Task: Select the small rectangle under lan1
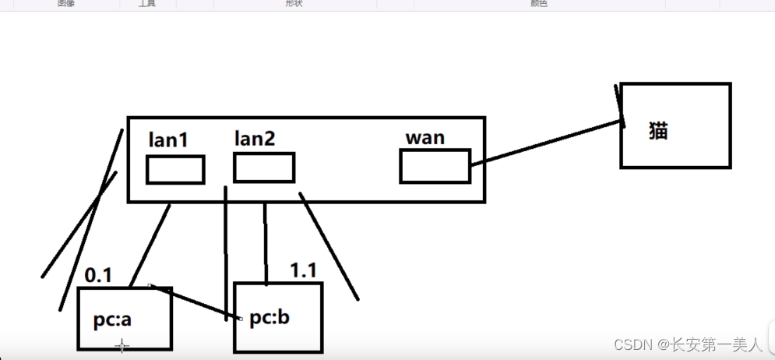point(175,170)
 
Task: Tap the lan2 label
point(255,139)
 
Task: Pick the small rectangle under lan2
point(264,168)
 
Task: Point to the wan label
point(425,138)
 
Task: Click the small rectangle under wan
point(435,166)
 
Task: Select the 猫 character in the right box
point(658,130)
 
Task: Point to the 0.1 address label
point(98,274)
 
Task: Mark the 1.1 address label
point(303,270)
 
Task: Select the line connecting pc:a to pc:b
point(195,302)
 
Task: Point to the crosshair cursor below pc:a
point(122,346)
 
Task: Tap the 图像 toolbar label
point(66,3)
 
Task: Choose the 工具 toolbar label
point(147,3)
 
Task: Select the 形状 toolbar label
point(294,3)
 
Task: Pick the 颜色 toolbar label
point(539,3)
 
